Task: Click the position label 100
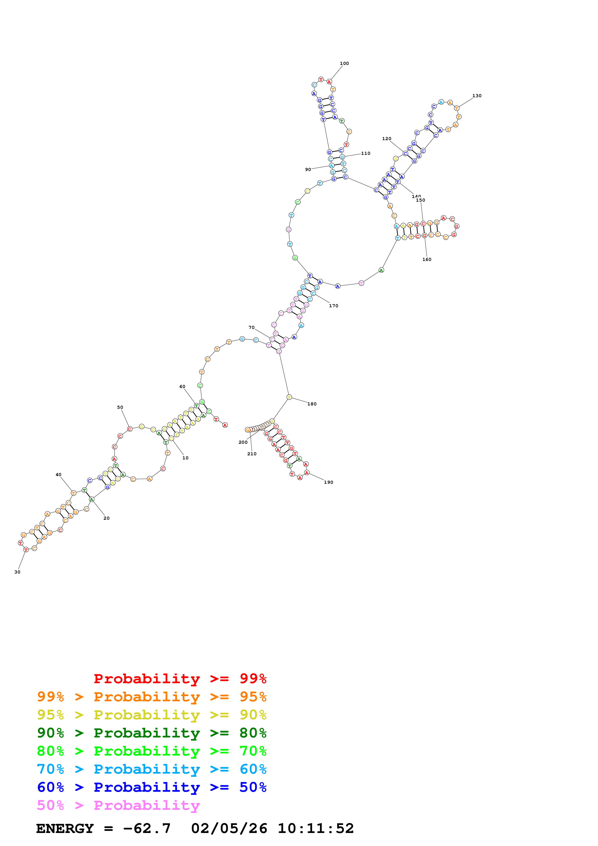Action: click(x=344, y=63)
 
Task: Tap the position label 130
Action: click(x=477, y=96)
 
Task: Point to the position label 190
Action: click(x=329, y=482)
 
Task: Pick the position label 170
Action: click(x=333, y=306)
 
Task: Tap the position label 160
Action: click(x=427, y=259)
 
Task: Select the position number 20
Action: click(x=106, y=518)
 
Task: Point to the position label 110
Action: click(x=365, y=153)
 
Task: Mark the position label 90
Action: click(x=308, y=170)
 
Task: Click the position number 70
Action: click(x=251, y=327)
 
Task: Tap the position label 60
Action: click(x=182, y=387)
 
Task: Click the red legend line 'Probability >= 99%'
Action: click(x=180, y=678)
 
